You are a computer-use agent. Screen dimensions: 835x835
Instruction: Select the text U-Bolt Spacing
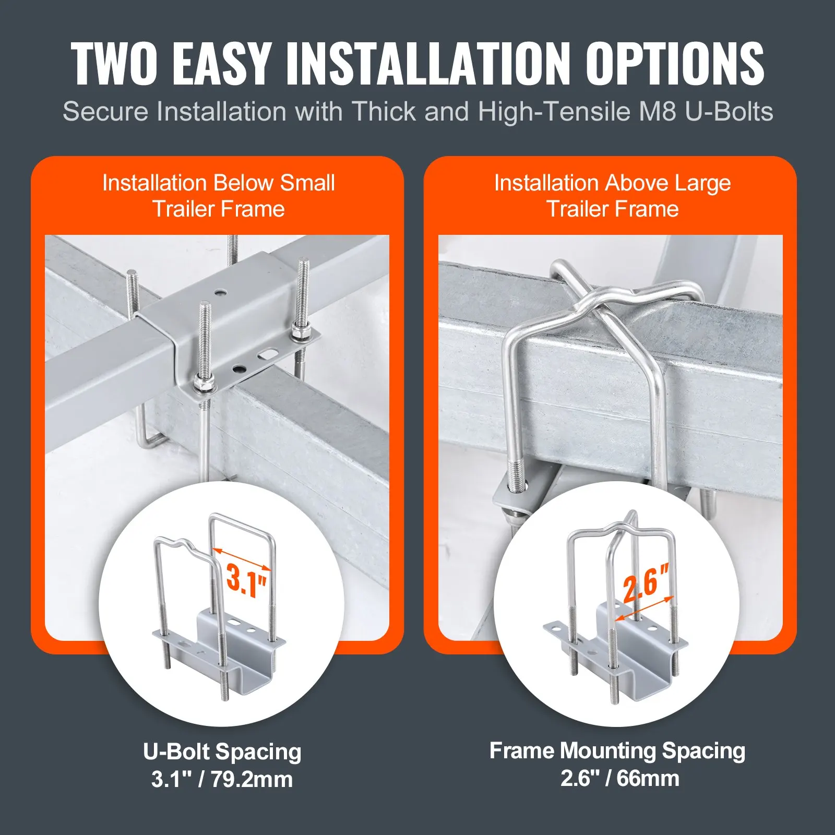coord(222,752)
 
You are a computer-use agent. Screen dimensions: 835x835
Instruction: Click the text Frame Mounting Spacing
coord(617,751)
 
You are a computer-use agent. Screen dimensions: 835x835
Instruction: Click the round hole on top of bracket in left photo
coord(222,293)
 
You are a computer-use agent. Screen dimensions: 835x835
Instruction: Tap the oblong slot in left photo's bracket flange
coord(268,355)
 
